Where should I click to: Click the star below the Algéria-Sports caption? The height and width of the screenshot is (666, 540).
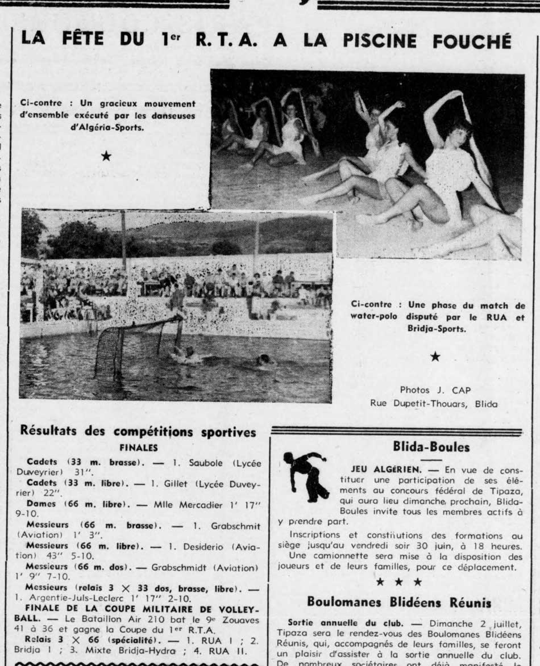106,155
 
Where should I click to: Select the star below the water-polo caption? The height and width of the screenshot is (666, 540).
435,356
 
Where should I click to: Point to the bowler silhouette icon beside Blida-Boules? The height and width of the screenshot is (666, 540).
306,476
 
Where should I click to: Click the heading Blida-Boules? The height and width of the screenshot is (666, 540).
431,447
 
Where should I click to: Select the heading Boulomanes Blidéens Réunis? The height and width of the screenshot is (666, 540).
399,601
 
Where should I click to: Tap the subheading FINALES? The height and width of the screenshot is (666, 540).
139,447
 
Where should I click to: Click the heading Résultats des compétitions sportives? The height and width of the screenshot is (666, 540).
138,432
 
